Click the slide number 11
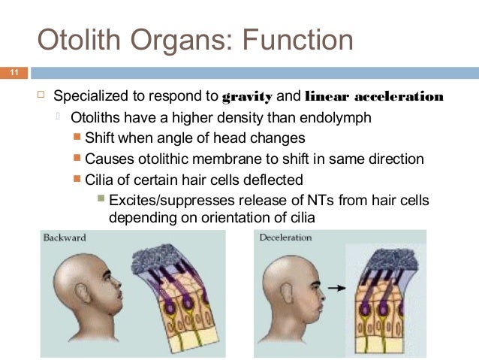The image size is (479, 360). [13, 73]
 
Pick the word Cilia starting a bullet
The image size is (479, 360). [100, 180]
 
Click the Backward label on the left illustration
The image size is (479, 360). [65, 238]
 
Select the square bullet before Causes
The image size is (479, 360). [77, 159]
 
